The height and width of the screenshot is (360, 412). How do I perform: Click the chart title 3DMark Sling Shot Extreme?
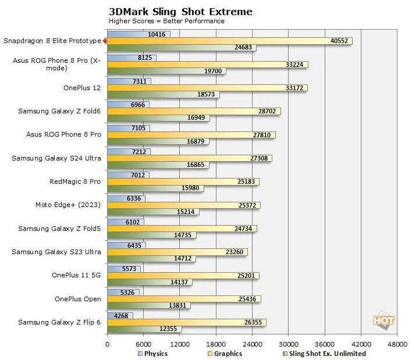(180, 11)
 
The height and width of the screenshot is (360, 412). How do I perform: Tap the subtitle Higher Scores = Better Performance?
(166, 21)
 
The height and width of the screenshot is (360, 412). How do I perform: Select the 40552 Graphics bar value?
(339, 41)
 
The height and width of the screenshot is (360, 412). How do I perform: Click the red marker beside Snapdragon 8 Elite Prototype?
(104, 41)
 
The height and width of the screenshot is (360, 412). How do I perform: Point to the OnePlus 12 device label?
(82, 88)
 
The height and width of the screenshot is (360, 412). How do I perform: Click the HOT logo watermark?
(384, 320)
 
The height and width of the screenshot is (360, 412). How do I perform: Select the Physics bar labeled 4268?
(120, 316)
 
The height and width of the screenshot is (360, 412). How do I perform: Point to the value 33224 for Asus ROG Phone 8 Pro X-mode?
(296, 65)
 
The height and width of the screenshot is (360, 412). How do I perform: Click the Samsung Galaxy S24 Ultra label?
(57, 158)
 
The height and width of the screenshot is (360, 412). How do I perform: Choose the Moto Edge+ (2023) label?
(68, 205)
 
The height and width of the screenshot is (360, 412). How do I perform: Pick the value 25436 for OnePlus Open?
(248, 299)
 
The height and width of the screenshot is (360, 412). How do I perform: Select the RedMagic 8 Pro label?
(75, 181)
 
